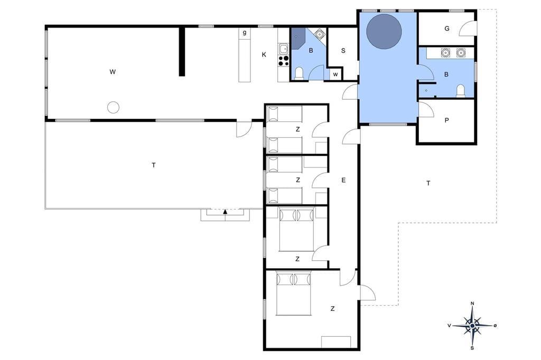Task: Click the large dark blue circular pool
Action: coord(384,31)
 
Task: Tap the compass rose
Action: coord(472,326)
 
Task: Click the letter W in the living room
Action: coord(113,72)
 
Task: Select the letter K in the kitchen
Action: coord(264,54)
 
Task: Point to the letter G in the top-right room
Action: coord(447,29)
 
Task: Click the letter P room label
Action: coord(447,120)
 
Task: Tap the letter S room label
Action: coord(343,51)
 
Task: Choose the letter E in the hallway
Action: coord(343,180)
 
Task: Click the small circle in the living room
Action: coord(113,108)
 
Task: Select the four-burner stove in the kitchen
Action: coord(284,61)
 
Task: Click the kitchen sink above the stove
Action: coord(284,49)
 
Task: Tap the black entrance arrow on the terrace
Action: coord(225,211)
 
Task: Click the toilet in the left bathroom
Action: coord(299,73)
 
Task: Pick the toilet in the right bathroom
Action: coord(461,91)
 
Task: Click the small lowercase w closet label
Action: coord(335,74)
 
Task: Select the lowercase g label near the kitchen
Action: coord(245,33)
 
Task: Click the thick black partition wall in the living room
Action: coord(182,51)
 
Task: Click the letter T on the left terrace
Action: coord(154,165)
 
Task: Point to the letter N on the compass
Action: coord(472,304)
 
